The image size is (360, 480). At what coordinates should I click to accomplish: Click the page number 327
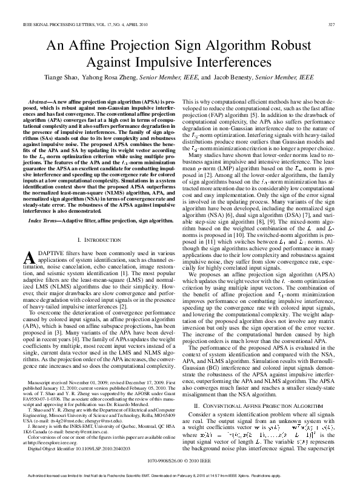pyautogui.click(x=332, y=24)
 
